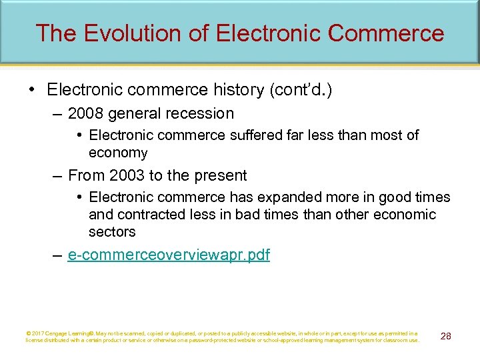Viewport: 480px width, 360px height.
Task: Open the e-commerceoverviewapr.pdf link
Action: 169,255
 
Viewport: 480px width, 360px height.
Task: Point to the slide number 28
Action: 445,336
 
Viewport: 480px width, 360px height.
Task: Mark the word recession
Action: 201,113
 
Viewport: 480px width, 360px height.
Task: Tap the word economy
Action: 118,153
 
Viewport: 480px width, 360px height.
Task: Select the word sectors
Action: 112,232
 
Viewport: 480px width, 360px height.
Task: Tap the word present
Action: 223,175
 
